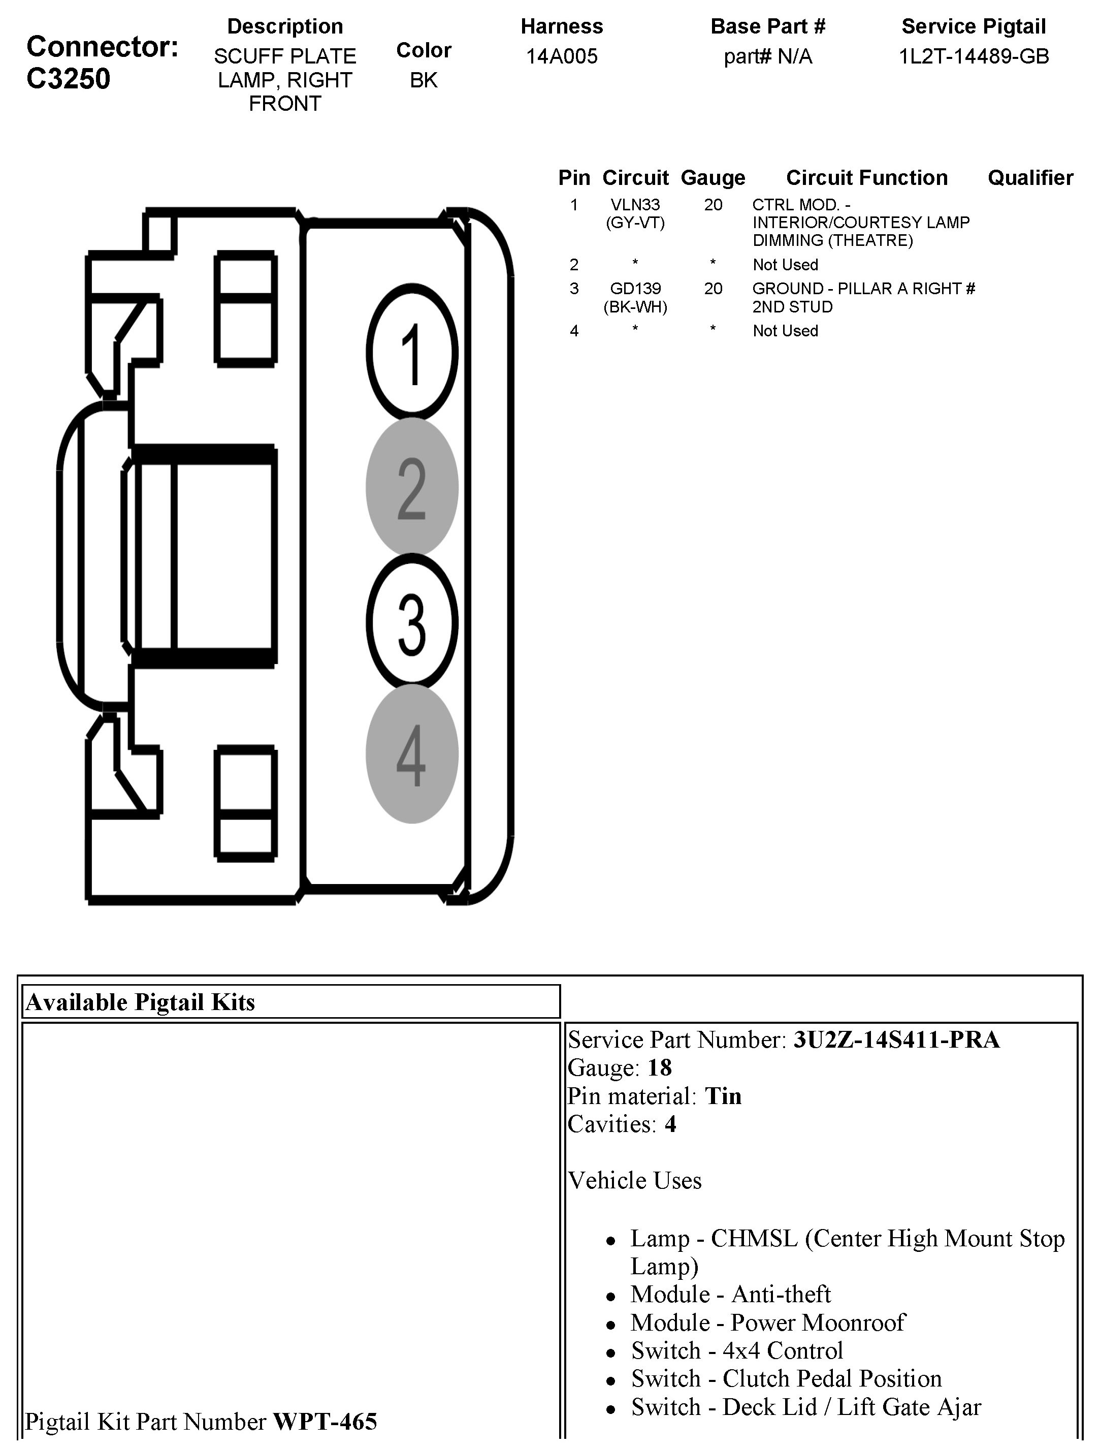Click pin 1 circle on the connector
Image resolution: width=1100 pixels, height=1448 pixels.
(411, 352)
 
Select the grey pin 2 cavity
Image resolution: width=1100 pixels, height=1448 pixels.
(411, 487)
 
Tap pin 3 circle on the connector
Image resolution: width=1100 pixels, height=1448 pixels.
(411, 621)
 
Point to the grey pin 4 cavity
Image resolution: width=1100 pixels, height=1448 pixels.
(411, 754)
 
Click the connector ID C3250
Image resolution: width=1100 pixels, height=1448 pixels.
(68, 79)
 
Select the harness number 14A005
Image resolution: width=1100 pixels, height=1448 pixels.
(562, 56)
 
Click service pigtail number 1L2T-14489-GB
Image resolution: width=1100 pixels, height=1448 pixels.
(974, 56)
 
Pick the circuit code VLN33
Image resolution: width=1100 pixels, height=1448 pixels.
(635, 205)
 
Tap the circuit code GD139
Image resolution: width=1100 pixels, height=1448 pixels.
(635, 288)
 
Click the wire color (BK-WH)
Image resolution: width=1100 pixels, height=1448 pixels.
(635, 306)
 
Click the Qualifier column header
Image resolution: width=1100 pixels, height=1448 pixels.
(1030, 177)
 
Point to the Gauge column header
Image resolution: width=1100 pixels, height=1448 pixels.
(713, 177)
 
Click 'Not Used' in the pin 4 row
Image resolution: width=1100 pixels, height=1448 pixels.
(785, 331)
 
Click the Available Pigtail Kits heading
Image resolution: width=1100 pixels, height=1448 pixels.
(140, 1002)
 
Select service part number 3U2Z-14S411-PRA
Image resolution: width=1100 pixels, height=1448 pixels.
(896, 1040)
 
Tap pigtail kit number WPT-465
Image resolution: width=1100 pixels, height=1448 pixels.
(325, 1421)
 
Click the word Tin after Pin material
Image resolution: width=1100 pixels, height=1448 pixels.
(723, 1096)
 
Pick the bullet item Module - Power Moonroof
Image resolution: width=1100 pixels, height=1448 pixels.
(767, 1323)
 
